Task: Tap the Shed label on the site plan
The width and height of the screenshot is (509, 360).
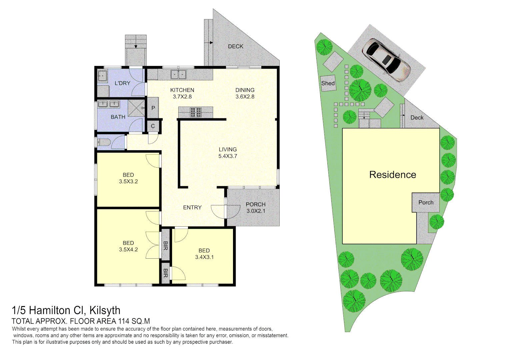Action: [328, 83]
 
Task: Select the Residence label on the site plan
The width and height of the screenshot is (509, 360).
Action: [393, 175]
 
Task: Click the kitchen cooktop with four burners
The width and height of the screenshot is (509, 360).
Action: [196, 112]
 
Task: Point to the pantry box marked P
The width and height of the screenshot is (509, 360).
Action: [153, 108]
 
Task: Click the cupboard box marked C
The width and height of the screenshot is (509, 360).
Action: [153, 126]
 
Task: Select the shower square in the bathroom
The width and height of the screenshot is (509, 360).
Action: [137, 108]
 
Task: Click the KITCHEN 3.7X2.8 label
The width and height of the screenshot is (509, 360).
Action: [182, 93]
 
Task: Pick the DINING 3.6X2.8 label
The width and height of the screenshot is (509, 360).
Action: [245, 93]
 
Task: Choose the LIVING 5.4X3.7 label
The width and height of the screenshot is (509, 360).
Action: [228, 153]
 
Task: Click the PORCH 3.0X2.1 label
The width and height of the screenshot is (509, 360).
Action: [256, 207]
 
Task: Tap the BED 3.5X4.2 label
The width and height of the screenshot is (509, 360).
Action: [128, 246]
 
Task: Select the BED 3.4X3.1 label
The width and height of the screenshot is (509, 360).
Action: [204, 254]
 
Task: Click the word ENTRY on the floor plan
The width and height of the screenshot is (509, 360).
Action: [192, 207]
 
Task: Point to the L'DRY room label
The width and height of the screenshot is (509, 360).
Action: [122, 83]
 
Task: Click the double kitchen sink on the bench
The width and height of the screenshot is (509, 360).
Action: [178, 74]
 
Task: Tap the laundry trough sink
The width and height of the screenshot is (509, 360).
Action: [102, 76]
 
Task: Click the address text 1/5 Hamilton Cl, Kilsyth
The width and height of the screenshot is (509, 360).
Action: [66, 310]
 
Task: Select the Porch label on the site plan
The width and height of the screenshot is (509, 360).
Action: [426, 202]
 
